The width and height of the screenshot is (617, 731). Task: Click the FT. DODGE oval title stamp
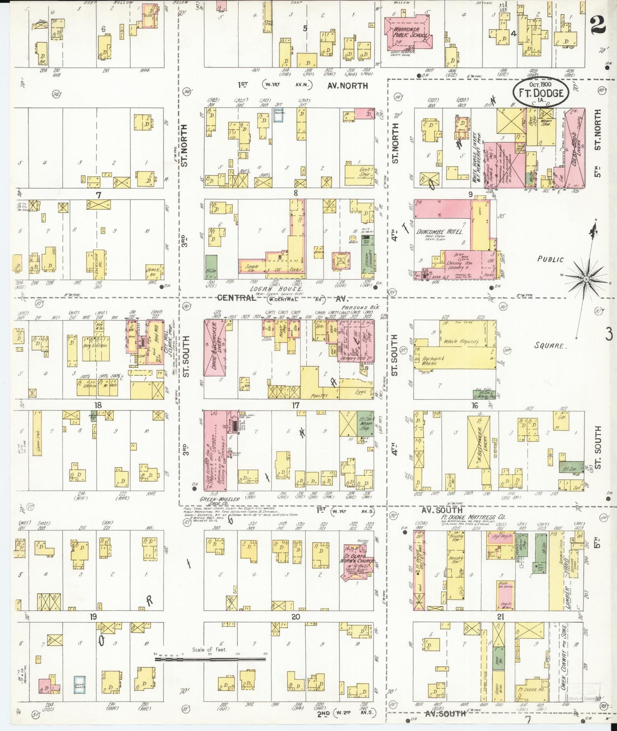point(540,93)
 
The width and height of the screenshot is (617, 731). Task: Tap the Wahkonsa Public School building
point(409,33)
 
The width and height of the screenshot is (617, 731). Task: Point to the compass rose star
point(587,278)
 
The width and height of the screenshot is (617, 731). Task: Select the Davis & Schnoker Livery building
point(214,348)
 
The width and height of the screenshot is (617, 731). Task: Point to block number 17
point(295,406)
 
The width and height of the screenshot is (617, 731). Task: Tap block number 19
point(93,617)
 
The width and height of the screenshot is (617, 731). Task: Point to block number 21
point(500,617)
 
